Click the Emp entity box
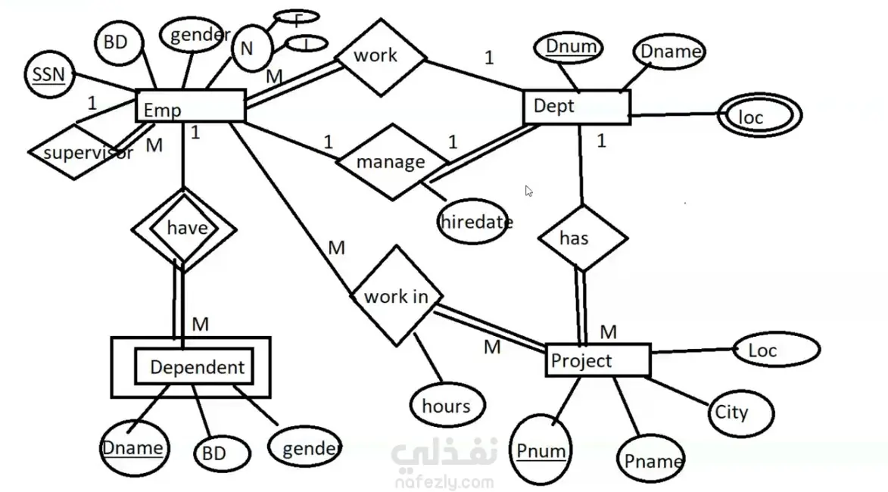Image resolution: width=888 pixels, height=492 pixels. [190, 106]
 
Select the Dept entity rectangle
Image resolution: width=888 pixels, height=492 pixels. [577, 106]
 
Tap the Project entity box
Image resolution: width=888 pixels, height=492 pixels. [597, 360]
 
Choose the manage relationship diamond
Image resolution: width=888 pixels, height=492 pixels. [391, 162]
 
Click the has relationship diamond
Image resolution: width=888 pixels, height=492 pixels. [581, 238]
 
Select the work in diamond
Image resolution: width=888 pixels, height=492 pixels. [396, 295]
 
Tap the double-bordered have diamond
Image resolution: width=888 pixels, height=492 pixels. [182, 229]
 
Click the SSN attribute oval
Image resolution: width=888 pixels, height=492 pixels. [48, 75]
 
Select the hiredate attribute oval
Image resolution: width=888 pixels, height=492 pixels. [475, 222]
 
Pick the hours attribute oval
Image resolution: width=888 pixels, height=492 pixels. [447, 406]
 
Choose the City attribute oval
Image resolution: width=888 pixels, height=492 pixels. [731, 413]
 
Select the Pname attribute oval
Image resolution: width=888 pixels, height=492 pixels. [653, 460]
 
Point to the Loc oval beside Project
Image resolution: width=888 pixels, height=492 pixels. [777, 350]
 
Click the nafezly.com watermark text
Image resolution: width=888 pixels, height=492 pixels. [444, 481]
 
